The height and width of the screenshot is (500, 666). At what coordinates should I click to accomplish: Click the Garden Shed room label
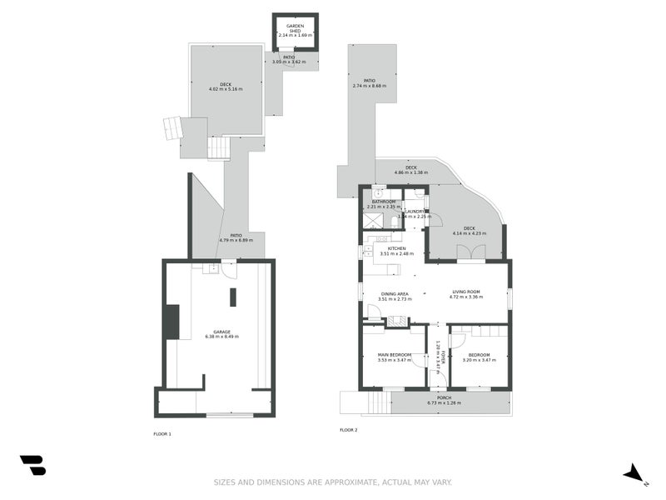coord(295,27)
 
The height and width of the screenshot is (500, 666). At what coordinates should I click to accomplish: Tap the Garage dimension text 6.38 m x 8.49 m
coord(221,337)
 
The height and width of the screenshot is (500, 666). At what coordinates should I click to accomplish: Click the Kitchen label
coord(396,248)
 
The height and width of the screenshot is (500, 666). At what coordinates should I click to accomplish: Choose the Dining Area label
coord(395,293)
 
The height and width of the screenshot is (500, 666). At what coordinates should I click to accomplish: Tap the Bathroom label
coord(384,202)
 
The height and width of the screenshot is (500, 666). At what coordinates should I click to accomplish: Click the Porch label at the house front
coord(444,397)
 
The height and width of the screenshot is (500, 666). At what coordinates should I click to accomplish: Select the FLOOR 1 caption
coord(162,434)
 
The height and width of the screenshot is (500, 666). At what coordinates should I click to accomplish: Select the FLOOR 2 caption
coord(348,430)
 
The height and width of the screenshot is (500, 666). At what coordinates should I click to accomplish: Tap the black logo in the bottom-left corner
coord(32,465)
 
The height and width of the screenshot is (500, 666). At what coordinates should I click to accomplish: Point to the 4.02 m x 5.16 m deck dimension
coord(226,88)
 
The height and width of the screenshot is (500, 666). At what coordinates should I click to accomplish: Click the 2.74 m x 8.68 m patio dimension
coord(370,86)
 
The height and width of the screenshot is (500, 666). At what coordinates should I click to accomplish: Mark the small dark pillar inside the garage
coord(233,297)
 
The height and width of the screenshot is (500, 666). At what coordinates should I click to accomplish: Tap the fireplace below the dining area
coord(397,321)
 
